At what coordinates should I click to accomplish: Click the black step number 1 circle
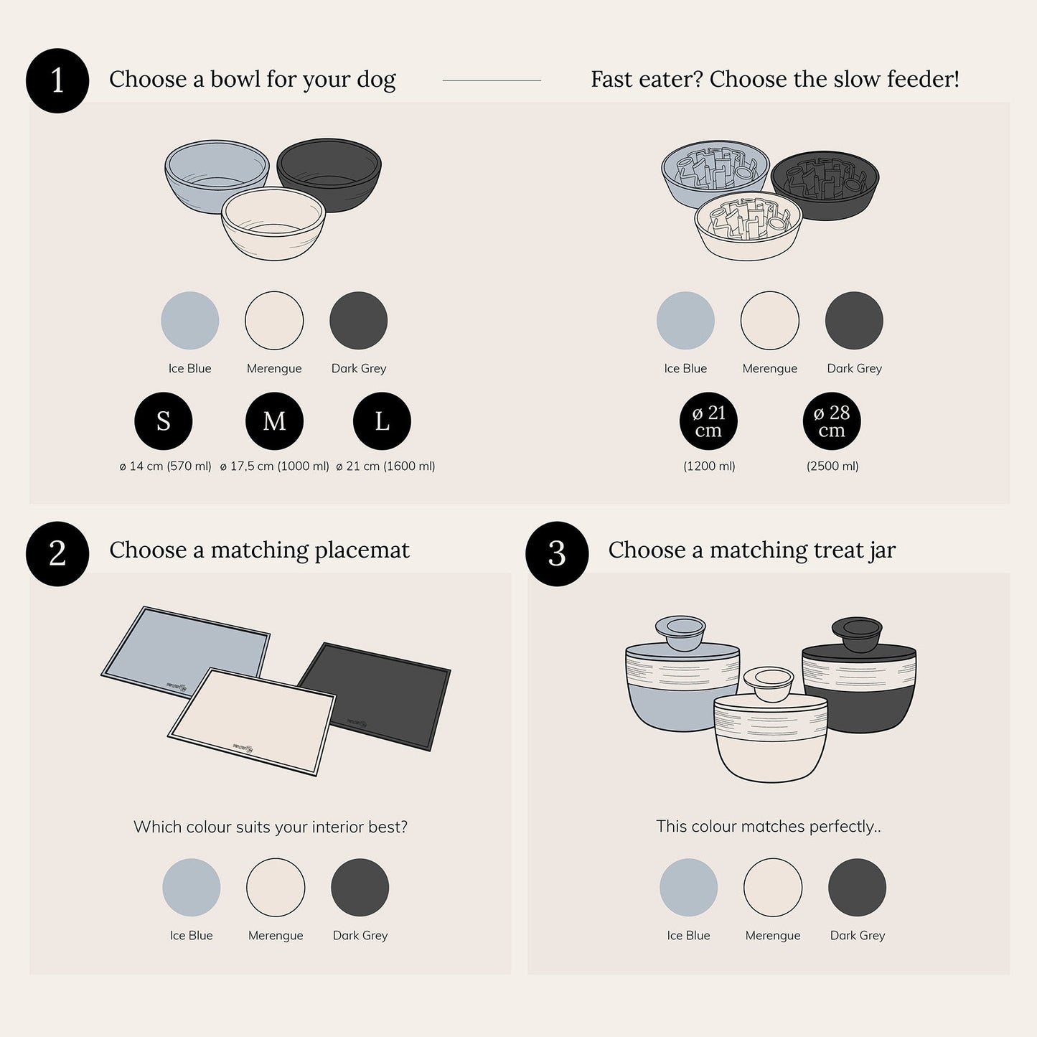57,80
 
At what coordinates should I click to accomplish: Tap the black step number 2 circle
57,553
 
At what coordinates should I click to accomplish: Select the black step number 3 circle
557,553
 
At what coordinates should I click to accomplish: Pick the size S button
164,421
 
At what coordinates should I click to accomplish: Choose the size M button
274,421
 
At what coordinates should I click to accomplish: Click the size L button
382,421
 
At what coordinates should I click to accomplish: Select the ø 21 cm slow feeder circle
708,421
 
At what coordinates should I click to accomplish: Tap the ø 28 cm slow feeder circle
831,421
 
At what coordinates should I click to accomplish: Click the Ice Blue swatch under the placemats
191,887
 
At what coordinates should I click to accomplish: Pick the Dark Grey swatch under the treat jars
857,887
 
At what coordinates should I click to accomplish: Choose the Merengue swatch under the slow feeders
769,320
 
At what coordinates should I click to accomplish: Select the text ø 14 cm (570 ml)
166,466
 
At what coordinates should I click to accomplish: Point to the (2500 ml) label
832,466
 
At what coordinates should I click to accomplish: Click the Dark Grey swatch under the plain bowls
359,320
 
